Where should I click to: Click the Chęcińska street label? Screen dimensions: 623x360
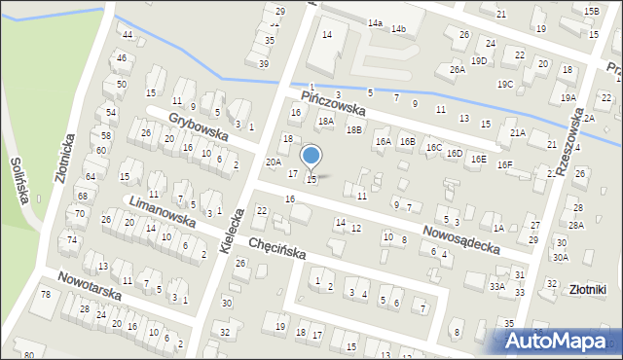[x=276, y=251]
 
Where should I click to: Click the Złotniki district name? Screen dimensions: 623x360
[x=588, y=289]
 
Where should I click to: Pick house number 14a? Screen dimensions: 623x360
[x=375, y=21]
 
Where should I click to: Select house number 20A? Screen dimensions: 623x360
[x=274, y=162]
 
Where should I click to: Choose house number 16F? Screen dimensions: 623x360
[x=504, y=164]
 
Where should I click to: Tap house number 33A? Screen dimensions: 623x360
[x=496, y=286]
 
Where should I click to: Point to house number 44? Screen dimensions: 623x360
[x=128, y=34]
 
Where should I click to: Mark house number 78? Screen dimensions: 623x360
[x=45, y=294]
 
